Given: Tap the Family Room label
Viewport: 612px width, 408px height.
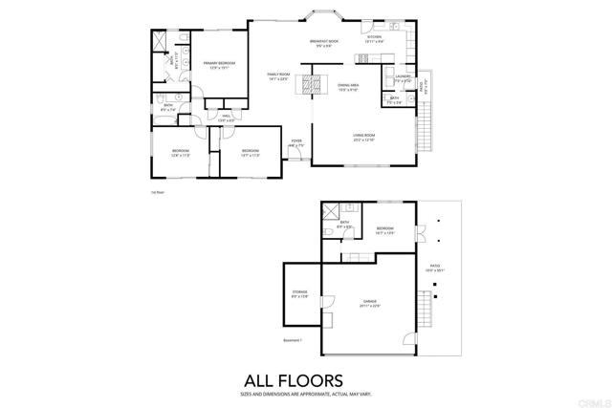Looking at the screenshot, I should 278,76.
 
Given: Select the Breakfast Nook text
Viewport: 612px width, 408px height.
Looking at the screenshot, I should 325,44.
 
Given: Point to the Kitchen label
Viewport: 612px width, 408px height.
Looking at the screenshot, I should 374,39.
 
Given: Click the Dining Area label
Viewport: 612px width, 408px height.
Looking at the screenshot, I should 348,87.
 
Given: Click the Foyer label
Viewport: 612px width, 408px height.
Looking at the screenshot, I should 296,143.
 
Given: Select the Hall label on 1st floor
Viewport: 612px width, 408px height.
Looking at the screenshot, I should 226,119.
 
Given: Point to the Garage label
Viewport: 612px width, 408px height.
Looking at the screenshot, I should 367,304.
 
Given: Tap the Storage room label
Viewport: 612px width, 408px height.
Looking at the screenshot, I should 300,294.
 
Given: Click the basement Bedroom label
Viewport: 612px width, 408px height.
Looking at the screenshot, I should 385,230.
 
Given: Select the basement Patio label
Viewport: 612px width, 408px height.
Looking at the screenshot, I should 435,268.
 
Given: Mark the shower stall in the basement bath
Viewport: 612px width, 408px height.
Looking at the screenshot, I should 330,213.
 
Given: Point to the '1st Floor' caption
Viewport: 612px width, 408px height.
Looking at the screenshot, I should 158,192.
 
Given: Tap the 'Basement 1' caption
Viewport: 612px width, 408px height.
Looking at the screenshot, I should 293,340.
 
